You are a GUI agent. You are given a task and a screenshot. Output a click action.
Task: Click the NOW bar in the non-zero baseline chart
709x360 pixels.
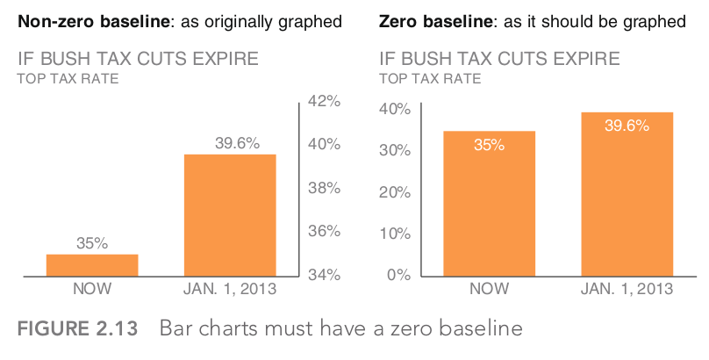click(x=92, y=266)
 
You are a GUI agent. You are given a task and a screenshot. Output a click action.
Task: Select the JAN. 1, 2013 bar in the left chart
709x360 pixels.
click(x=230, y=216)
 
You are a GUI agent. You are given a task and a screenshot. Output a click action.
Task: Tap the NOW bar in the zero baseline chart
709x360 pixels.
click(x=489, y=204)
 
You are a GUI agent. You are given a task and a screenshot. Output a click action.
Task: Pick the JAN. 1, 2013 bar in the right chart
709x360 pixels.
click(x=627, y=195)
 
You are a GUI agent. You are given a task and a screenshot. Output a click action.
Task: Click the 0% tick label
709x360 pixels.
click(x=398, y=275)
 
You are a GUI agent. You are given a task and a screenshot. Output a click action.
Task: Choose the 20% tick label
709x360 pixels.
click(x=395, y=191)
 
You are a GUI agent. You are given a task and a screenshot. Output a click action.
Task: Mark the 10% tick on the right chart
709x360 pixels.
click(x=395, y=234)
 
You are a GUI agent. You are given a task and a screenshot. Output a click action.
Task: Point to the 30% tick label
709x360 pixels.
click(x=395, y=150)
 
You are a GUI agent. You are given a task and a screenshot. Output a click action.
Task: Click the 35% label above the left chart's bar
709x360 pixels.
click(x=92, y=243)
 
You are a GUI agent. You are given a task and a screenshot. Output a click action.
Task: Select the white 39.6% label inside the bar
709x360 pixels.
click(x=627, y=126)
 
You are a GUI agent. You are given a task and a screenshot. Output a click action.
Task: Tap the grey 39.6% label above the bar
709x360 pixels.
click(x=237, y=143)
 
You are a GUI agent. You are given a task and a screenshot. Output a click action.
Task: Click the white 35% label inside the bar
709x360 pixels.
click(x=489, y=145)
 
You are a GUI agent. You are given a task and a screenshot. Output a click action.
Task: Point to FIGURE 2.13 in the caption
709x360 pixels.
click(x=78, y=330)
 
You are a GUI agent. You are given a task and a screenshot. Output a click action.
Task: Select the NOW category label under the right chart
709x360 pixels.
click(x=489, y=289)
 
